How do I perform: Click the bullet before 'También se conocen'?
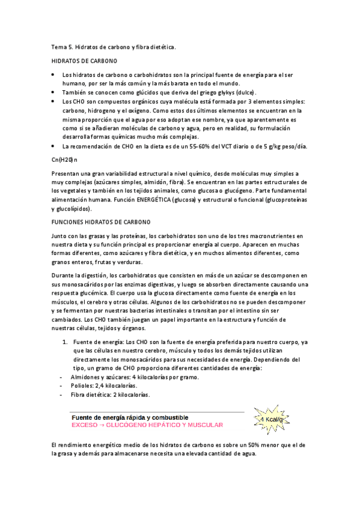[x=53, y=93]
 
